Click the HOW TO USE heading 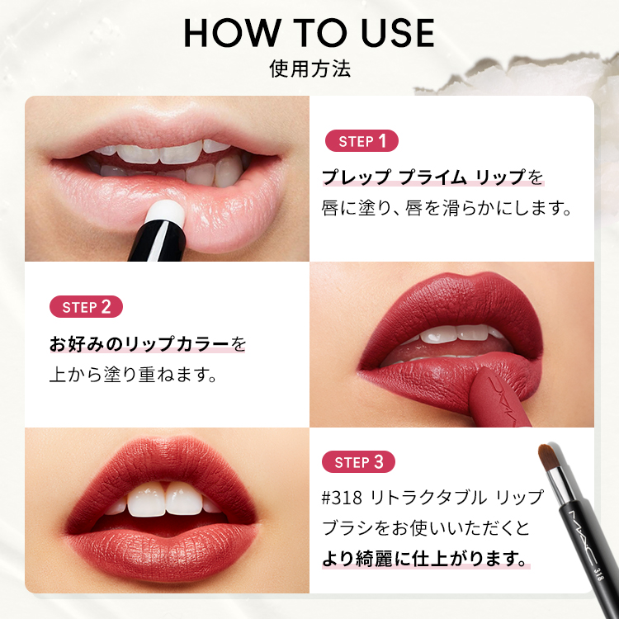(309, 33)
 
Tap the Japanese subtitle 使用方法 (309, 69)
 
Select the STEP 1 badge (361, 141)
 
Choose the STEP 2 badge (86, 307)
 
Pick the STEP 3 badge (358, 462)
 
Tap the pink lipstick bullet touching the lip (499, 399)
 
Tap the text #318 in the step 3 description (342, 498)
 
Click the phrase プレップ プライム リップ (424, 177)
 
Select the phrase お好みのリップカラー (139, 344)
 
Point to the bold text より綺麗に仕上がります (425, 559)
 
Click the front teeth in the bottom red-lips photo (165, 499)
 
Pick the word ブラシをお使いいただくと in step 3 (426, 528)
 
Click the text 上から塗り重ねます (134, 374)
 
